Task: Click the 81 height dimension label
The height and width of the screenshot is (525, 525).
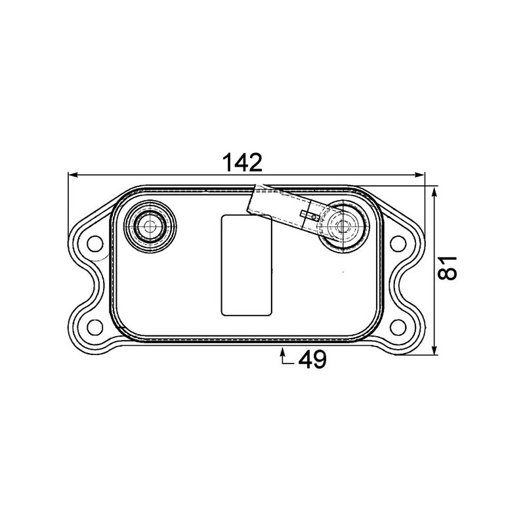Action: pos(448,268)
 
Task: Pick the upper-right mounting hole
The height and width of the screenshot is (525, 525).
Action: pos(398,243)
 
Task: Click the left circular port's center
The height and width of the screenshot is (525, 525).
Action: pos(150,227)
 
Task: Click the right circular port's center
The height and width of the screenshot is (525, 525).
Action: pos(340,227)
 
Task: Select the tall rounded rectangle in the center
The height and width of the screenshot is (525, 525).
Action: pos(246,264)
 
